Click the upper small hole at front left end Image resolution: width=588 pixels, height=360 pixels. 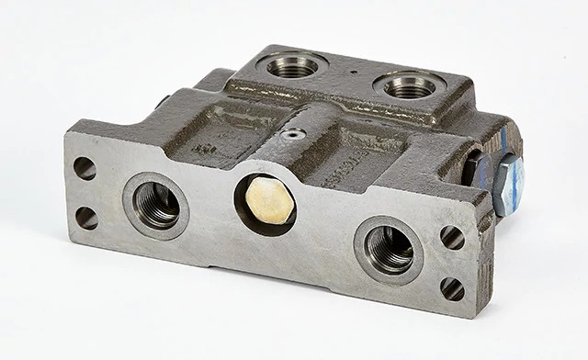85,168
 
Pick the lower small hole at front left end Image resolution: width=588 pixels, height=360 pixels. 86,218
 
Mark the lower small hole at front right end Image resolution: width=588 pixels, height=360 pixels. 452,288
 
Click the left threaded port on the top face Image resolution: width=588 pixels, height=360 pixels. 291,66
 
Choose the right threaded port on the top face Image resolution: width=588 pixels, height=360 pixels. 410,87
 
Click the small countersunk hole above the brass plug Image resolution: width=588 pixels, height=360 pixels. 293,135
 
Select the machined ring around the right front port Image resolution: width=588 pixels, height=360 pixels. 363,246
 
